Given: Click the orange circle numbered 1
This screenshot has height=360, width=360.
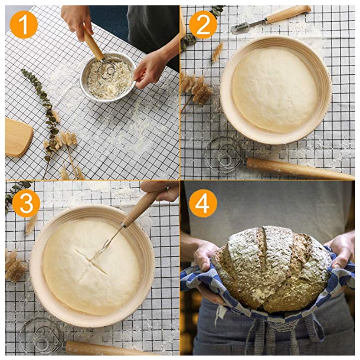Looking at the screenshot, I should point(23,24).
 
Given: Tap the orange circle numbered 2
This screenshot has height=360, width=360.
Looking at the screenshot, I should point(203,24).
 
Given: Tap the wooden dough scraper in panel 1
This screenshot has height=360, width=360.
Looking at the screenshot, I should point(18,137).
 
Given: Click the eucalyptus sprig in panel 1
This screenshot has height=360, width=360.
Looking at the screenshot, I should point(45,108).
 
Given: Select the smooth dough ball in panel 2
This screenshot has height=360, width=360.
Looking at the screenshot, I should point(275,90).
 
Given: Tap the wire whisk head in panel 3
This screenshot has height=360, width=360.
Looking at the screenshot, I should point(40,335).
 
